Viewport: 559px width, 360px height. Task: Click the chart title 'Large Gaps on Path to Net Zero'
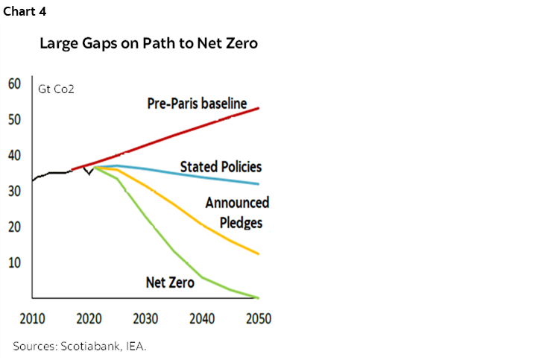[x=148, y=43]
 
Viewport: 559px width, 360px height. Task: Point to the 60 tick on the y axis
[x=15, y=83]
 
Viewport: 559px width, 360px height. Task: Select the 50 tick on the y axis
[x=15, y=120]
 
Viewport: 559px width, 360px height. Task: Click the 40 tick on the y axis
[x=15, y=156]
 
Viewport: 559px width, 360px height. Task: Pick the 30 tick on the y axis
[x=15, y=192]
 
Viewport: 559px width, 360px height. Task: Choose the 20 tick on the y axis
[x=15, y=227]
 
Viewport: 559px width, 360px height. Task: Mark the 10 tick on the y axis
[x=15, y=263]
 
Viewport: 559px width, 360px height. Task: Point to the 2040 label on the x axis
[x=201, y=318]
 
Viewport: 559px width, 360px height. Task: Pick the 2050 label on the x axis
[x=258, y=318]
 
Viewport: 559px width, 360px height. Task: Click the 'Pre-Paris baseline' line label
[x=197, y=104]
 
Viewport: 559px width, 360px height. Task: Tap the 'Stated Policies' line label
[x=221, y=167]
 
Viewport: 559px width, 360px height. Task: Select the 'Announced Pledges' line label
[x=237, y=212]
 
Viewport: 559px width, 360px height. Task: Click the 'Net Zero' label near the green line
[x=170, y=282]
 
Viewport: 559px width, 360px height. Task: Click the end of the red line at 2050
[x=259, y=109]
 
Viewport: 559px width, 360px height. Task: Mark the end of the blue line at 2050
[x=259, y=183]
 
